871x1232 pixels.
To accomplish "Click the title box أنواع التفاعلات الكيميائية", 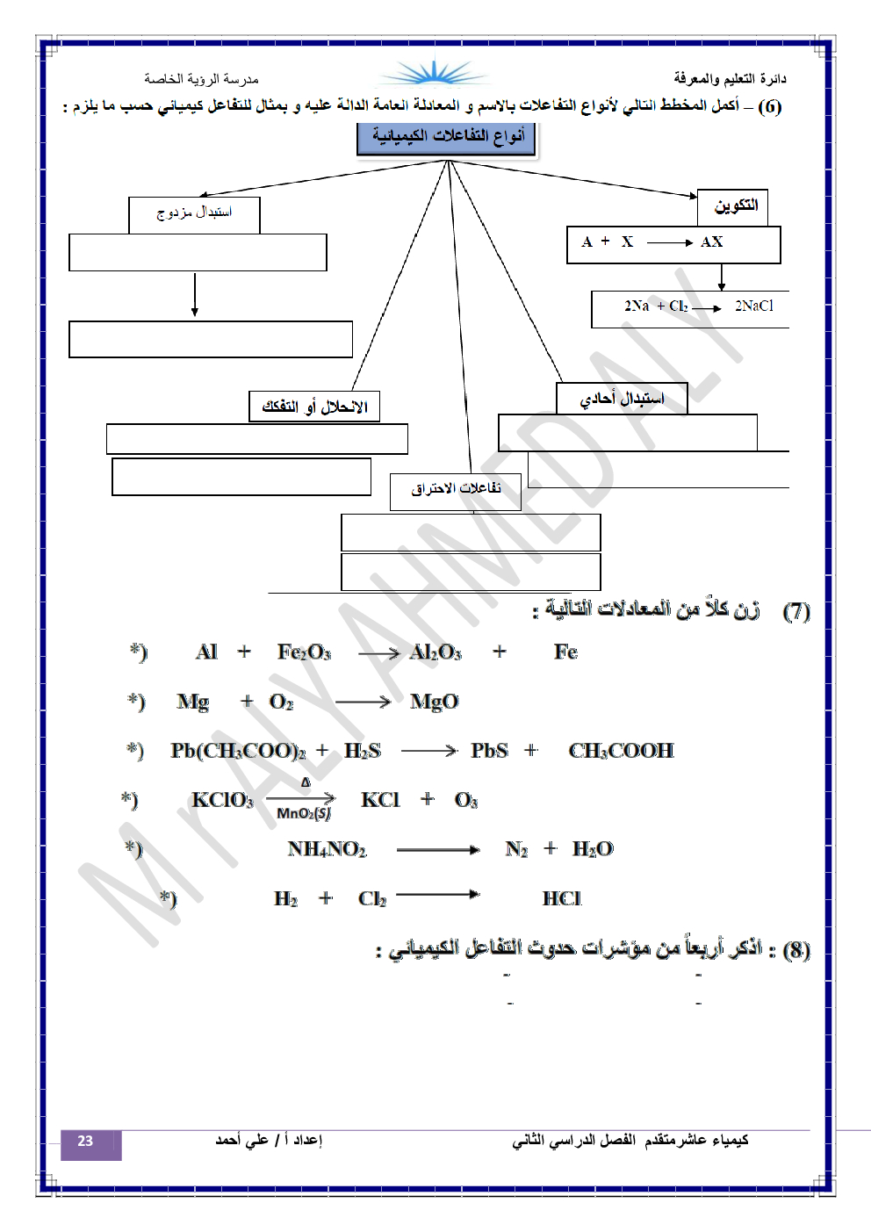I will [446, 138].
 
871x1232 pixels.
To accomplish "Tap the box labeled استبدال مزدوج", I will [194, 213].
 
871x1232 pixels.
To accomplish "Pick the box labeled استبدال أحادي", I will [622, 399].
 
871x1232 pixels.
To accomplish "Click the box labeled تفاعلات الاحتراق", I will [456, 490].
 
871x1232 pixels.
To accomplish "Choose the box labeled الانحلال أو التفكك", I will [314, 407].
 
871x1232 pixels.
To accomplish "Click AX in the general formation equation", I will [711, 242].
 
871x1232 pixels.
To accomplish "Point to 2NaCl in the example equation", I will [753, 306].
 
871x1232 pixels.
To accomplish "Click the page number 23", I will [86, 1142].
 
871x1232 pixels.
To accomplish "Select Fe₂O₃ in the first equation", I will [304, 652].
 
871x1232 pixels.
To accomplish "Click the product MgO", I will [435, 702].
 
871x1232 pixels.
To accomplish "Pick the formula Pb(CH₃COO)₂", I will [238, 751].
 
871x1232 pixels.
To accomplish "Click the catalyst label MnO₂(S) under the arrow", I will [304, 813].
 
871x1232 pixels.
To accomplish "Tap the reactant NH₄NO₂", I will [327, 849].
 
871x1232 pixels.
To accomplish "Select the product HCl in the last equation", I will [561, 898].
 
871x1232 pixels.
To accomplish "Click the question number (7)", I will [795, 611].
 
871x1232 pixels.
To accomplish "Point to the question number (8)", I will [795, 949].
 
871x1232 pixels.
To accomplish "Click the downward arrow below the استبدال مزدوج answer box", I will [195, 295].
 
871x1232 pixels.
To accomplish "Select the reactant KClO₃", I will [222, 800].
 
